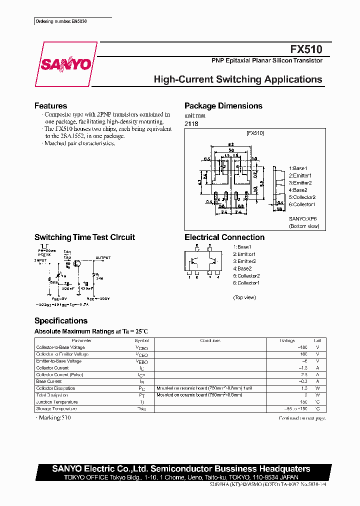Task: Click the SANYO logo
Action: [65, 64]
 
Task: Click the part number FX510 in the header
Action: [306, 49]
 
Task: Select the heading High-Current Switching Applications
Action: [238, 79]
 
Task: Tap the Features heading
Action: [50, 106]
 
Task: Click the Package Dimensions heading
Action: [223, 106]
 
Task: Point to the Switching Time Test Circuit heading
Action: [84, 237]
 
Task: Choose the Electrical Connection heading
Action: [224, 237]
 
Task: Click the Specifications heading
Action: [60, 321]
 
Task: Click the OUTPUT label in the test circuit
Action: [103, 258]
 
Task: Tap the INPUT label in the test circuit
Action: [40, 260]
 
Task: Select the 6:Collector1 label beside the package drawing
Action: [302, 204]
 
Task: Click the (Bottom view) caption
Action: [304, 226]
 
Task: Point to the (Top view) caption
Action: [244, 297]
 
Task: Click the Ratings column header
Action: [287, 340]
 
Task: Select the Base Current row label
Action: [49, 381]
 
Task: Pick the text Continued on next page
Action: [302, 418]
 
